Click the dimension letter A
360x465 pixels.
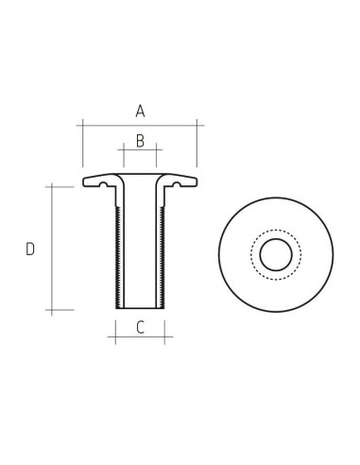140,112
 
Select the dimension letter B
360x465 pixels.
140,141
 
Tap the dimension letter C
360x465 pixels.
140,328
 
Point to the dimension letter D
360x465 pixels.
30,250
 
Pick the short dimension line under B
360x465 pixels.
140,151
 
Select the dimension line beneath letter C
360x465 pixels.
140,338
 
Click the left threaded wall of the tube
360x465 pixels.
117,255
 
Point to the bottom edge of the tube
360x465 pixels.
141,309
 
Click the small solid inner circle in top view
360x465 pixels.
276,255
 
